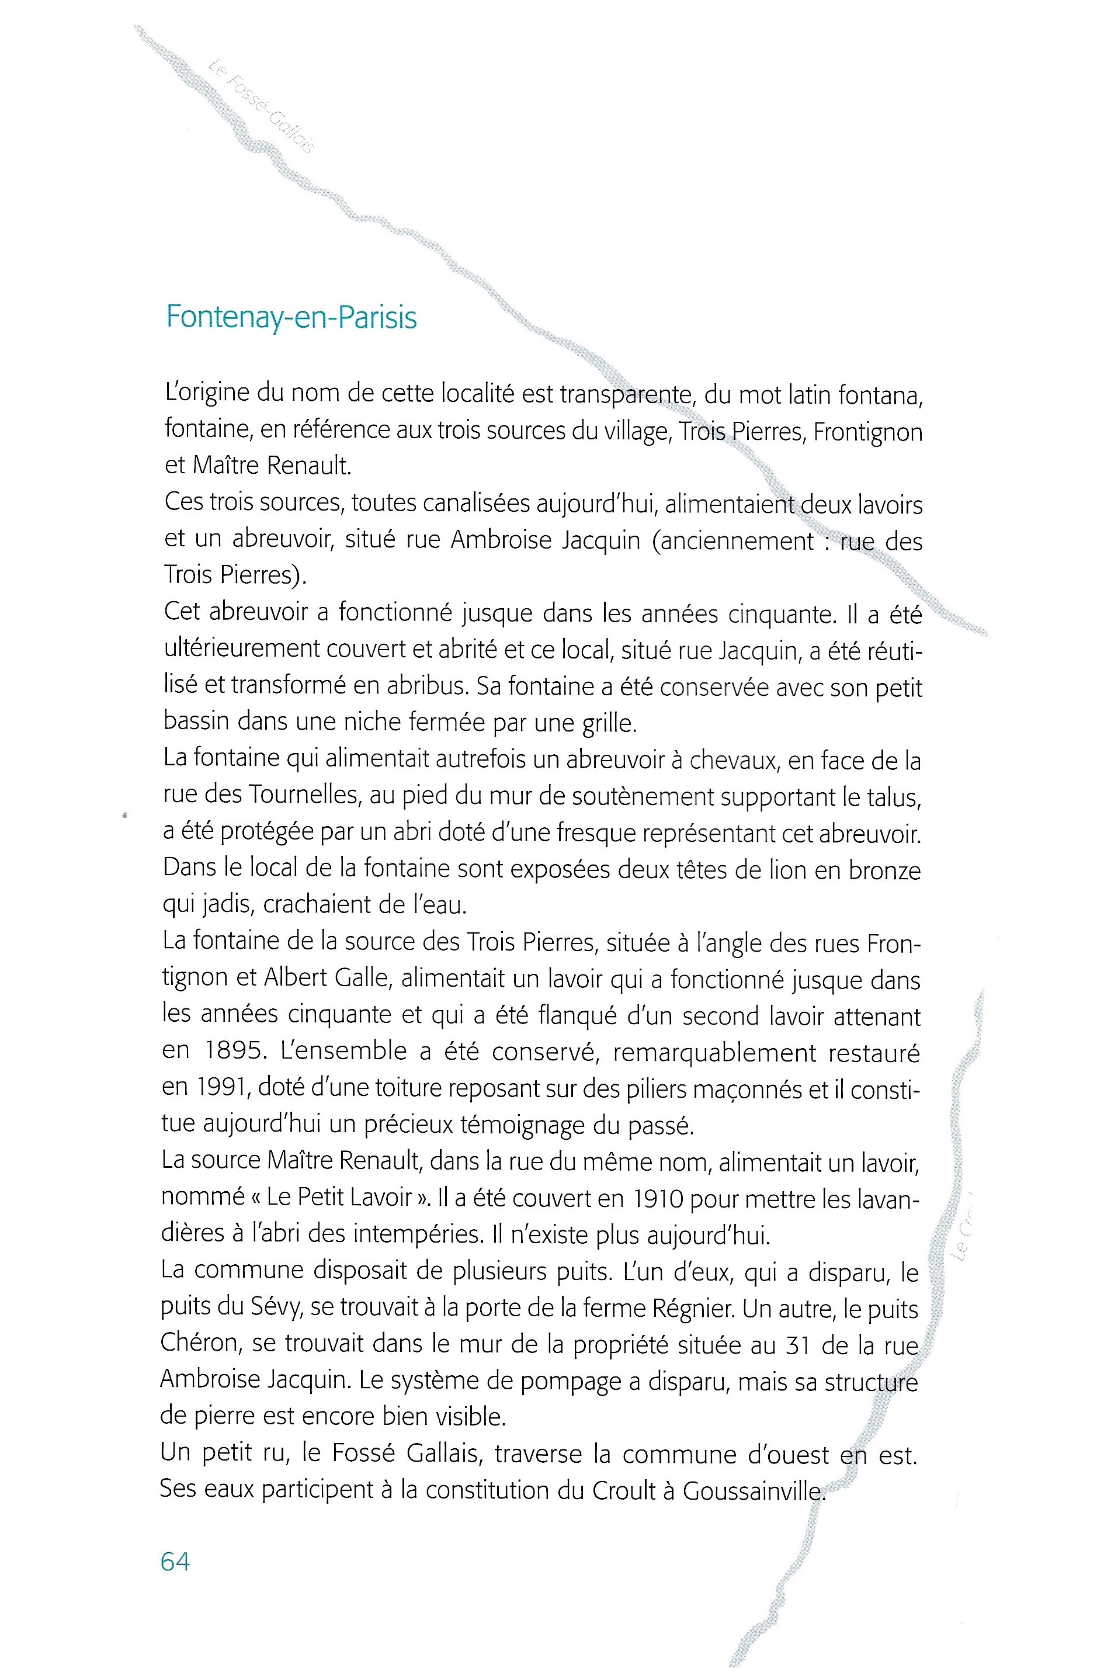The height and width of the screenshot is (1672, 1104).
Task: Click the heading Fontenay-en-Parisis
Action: pos(291,317)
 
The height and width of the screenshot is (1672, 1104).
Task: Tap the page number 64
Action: pos(175,1562)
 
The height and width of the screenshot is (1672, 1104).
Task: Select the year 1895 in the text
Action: pos(236,1051)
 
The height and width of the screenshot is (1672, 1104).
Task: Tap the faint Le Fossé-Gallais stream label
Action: pos(261,106)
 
